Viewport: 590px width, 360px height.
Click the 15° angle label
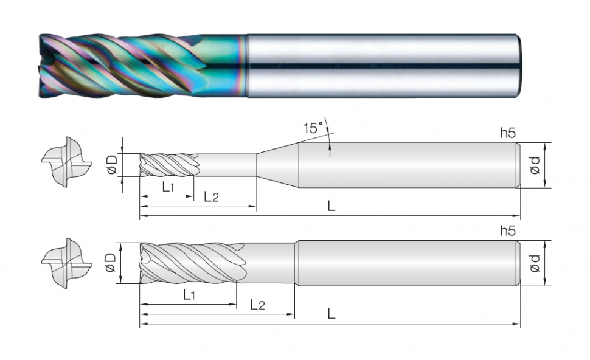coord(313,128)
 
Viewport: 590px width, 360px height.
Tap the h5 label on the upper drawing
coord(508,133)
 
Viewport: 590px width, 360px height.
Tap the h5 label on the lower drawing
coord(508,231)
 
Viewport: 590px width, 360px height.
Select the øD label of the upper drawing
coord(112,165)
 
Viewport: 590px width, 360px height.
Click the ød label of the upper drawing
coord(535,165)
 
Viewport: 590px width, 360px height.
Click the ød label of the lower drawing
coord(535,263)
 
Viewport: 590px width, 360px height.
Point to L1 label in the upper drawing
coord(168,187)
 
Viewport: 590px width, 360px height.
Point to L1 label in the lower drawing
coord(189,294)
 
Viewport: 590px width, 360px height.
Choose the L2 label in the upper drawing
coord(211,196)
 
